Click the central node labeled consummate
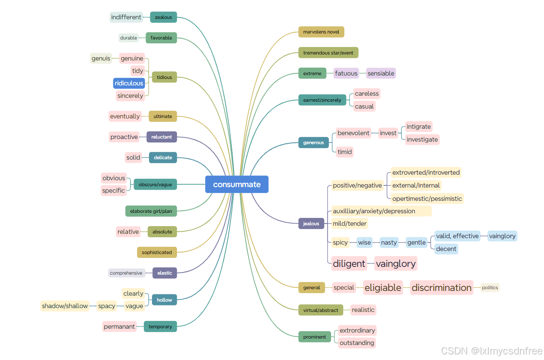tap(237, 185)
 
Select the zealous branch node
tap(163, 17)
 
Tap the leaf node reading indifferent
tap(126, 17)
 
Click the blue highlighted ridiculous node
tap(129, 83)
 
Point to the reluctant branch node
tap(161, 137)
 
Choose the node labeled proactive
tap(124, 137)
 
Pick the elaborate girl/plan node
tap(151, 211)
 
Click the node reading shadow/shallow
tap(65, 306)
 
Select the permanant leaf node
tap(119, 327)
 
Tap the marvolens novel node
tap(321, 32)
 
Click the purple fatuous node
tap(346, 73)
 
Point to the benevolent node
tap(353, 133)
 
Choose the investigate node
tap(422, 139)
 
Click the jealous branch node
tap(311, 224)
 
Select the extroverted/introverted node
tap(426, 172)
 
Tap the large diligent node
tap(349, 263)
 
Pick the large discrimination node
tap(441, 287)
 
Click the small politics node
tap(490, 287)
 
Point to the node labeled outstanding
tap(357, 343)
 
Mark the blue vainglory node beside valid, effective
tap(502, 236)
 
